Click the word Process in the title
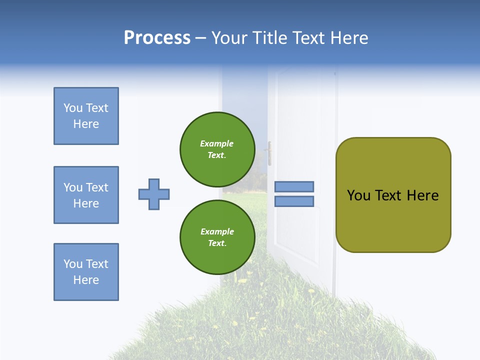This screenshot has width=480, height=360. coord(157,38)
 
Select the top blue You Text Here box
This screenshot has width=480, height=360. coord(86,116)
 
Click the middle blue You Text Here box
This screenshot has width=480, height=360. coord(86,195)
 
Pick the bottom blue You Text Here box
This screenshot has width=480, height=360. coord(86,272)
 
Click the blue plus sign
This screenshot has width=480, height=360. coord(154,194)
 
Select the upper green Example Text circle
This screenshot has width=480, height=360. coord(217,149)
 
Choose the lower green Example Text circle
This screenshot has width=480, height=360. coord(217,237)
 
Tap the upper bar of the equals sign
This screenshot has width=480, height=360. coord(294,186)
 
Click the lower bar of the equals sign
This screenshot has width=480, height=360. coord(294,201)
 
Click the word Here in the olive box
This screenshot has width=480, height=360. coord(422,195)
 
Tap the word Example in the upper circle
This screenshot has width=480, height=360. coord(217,143)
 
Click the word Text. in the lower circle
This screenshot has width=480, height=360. coord(217,243)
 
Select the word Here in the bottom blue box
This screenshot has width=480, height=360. coord(86,280)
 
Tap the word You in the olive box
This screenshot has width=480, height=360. coord(358,195)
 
